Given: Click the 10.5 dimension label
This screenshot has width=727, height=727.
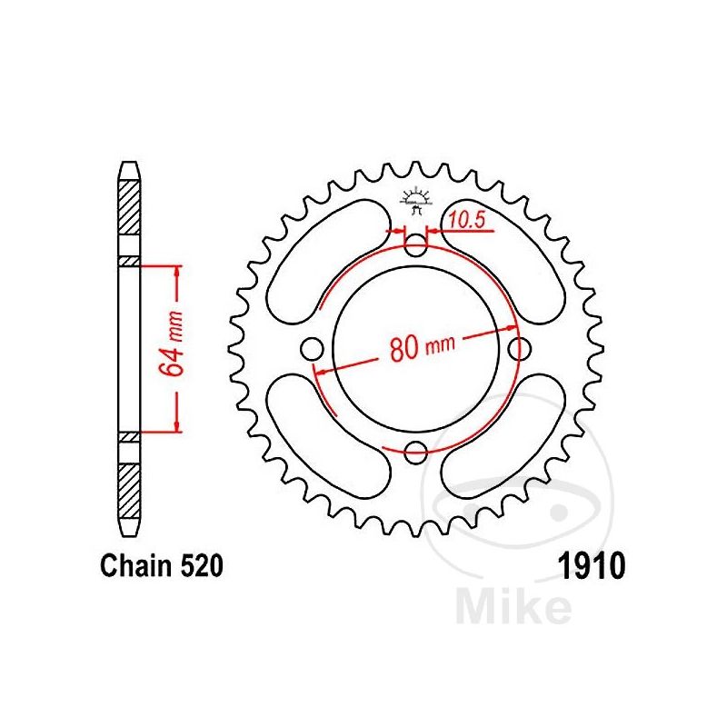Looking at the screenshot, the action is pos(467,219).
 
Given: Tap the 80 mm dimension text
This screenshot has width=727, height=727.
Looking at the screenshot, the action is pos(423,347).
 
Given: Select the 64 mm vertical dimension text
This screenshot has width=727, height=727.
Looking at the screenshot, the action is pos(170,343).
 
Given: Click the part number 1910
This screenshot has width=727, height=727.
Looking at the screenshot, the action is pos(593,565).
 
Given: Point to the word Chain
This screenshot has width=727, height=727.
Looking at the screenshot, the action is pos(135,565).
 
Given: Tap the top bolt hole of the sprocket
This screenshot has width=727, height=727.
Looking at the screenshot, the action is pos(415,245).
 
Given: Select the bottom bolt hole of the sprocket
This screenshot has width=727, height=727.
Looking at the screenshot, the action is pos(415,453).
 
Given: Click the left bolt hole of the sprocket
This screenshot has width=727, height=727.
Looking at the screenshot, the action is pos(312,349).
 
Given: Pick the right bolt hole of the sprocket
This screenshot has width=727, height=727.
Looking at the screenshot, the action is pos(519,349).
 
